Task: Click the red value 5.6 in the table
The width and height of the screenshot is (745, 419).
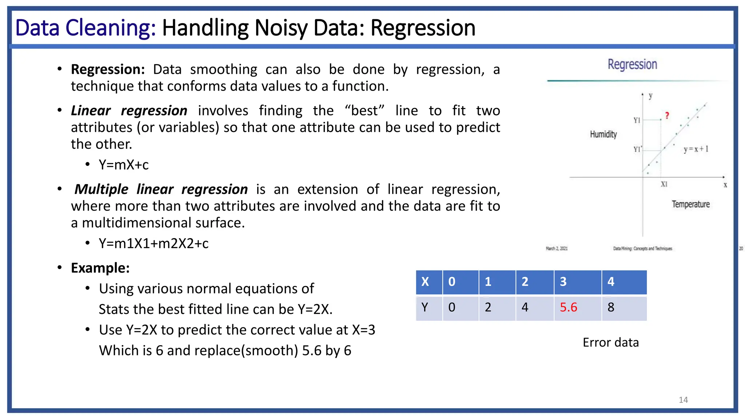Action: [x=568, y=307]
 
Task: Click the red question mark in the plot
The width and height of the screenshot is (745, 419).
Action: [x=667, y=116]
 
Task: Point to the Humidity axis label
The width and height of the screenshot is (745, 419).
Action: [x=603, y=134]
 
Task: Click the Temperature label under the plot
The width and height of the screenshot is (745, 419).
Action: [x=690, y=204]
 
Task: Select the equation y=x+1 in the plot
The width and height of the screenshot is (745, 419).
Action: [x=696, y=149]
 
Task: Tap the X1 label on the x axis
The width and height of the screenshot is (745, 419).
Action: [x=664, y=184]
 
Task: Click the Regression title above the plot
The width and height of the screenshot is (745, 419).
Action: [x=632, y=64]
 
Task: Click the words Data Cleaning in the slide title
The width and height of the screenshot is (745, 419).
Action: [x=85, y=28]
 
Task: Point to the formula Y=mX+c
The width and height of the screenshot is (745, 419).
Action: [x=124, y=165]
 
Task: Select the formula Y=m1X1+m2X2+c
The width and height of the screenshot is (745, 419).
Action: [x=154, y=243]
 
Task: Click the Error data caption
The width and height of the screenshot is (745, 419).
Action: [x=610, y=342]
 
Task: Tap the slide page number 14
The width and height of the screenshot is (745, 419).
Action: [x=683, y=400]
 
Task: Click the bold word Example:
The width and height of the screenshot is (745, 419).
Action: [x=100, y=268]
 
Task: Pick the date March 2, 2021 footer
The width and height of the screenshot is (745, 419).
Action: [x=557, y=248]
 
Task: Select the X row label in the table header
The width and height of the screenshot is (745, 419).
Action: [x=425, y=282]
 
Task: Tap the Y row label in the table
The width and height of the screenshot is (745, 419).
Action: [x=425, y=307]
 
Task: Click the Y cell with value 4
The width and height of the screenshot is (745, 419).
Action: [x=525, y=307]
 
